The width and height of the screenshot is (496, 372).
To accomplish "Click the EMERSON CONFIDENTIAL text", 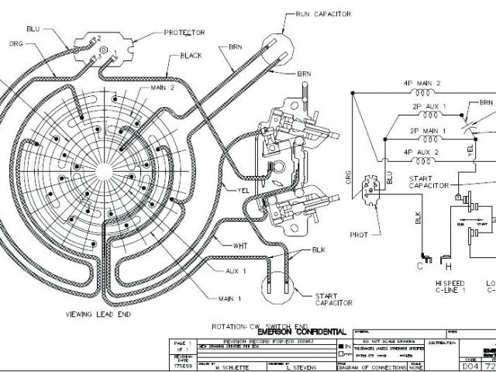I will click(301, 332).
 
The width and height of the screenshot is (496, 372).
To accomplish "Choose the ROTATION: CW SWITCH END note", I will click(260, 325).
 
